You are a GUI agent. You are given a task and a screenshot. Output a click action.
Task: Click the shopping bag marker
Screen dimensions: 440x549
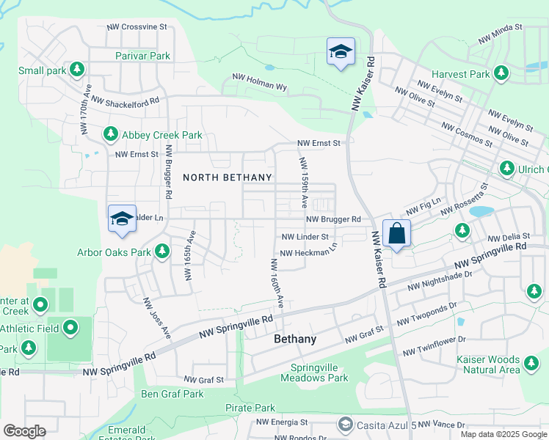coord(396,234)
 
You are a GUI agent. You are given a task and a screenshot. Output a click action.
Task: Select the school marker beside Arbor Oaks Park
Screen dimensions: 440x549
coord(122,219)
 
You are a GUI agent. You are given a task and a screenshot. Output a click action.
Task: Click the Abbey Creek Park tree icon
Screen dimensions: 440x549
coord(110,134)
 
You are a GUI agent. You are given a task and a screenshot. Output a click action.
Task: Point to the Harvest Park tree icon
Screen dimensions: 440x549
coord(501,73)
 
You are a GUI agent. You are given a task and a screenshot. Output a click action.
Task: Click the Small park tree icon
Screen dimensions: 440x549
coord(77,70)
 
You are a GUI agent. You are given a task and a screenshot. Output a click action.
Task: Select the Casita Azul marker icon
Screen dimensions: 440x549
coord(345,425)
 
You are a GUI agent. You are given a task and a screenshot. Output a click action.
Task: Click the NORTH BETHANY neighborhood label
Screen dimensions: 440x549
coord(228,177)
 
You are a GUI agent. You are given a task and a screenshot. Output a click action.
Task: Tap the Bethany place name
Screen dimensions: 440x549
coord(295,340)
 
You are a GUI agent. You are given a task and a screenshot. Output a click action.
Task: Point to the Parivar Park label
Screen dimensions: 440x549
coord(142,56)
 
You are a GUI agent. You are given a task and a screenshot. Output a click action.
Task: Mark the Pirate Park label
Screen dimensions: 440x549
coord(250,408)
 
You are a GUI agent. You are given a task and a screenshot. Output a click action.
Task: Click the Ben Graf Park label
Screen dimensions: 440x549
coord(172,394)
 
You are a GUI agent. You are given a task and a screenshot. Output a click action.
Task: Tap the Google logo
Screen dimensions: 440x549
coord(25,431)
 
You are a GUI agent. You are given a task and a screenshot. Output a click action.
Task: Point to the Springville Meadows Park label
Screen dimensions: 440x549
coord(314,373)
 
